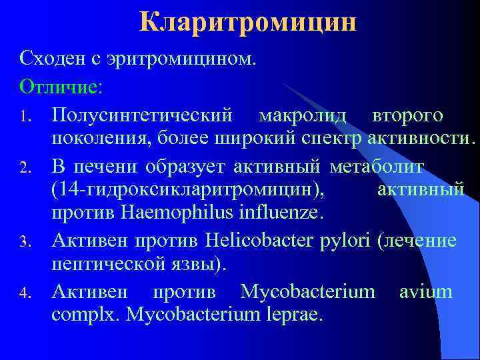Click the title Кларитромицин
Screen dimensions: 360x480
(248, 23)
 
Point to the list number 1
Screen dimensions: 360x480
(24, 118)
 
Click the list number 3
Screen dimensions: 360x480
(24, 242)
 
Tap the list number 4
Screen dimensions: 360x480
(24, 293)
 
